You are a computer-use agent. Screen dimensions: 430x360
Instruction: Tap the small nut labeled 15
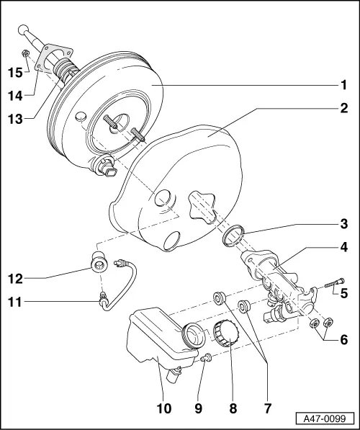click(x=25, y=53)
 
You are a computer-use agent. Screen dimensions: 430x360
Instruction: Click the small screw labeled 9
click(x=206, y=357)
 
